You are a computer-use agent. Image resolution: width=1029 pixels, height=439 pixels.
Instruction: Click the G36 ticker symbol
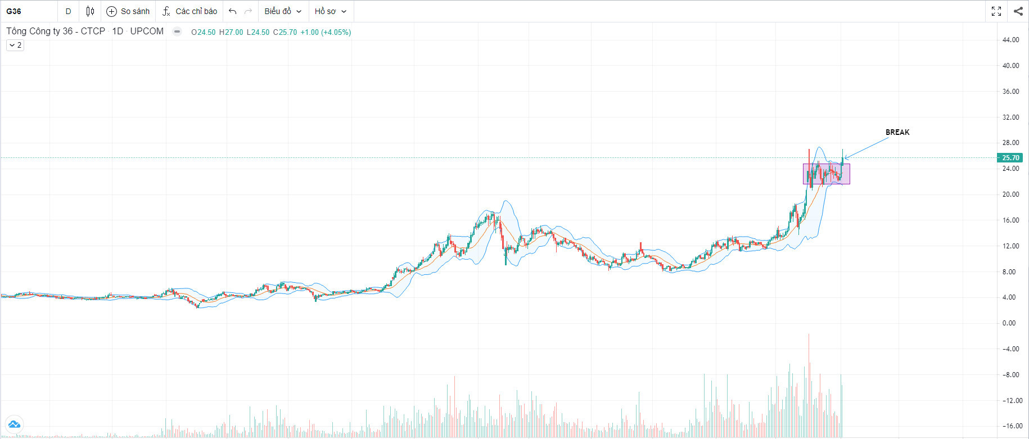pyautogui.click(x=14, y=11)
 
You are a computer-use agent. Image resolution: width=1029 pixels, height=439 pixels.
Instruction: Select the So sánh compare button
pyautogui.click(x=128, y=11)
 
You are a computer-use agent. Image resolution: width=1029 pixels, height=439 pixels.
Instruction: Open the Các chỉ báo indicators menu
pyautogui.click(x=189, y=11)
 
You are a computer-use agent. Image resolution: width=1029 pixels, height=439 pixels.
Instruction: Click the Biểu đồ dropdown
pyautogui.click(x=283, y=11)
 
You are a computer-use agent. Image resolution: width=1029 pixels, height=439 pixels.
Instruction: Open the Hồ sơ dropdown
pyautogui.click(x=330, y=11)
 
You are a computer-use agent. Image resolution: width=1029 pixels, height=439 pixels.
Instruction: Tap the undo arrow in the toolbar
pyautogui.click(x=232, y=11)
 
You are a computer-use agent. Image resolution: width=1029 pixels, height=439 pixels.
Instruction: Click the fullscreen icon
pyautogui.click(x=996, y=11)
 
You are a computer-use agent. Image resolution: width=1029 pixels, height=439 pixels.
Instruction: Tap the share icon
pyautogui.click(x=1018, y=11)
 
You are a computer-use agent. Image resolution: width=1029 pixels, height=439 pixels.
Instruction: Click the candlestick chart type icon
pyautogui.click(x=90, y=11)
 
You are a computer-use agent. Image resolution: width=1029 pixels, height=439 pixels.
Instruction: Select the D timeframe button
pyautogui.click(x=69, y=11)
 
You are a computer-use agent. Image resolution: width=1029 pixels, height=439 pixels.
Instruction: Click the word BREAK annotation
pyautogui.click(x=897, y=132)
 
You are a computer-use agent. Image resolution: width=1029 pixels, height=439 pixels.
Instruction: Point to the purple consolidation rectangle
pyautogui.click(x=826, y=174)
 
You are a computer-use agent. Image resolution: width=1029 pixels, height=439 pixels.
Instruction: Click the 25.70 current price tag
pyautogui.click(x=1010, y=158)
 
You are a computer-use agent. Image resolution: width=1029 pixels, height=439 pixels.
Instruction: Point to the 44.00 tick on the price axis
pyautogui.click(x=1010, y=40)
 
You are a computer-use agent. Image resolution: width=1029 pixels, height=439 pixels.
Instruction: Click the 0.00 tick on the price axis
pyautogui.click(x=1009, y=323)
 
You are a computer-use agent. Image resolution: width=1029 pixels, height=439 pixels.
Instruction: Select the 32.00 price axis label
pyautogui.click(x=1010, y=117)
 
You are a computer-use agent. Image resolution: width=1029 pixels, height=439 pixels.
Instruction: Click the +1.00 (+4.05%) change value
pyautogui.click(x=326, y=32)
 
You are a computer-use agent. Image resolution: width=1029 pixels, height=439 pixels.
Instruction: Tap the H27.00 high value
pyautogui.click(x=231, y=32)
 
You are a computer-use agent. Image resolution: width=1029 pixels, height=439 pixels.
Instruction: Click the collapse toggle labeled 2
pyautogui.click(x=15, y=45)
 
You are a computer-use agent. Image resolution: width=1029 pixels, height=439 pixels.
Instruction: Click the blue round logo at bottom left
pyautogui.click(x=13, y=424)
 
